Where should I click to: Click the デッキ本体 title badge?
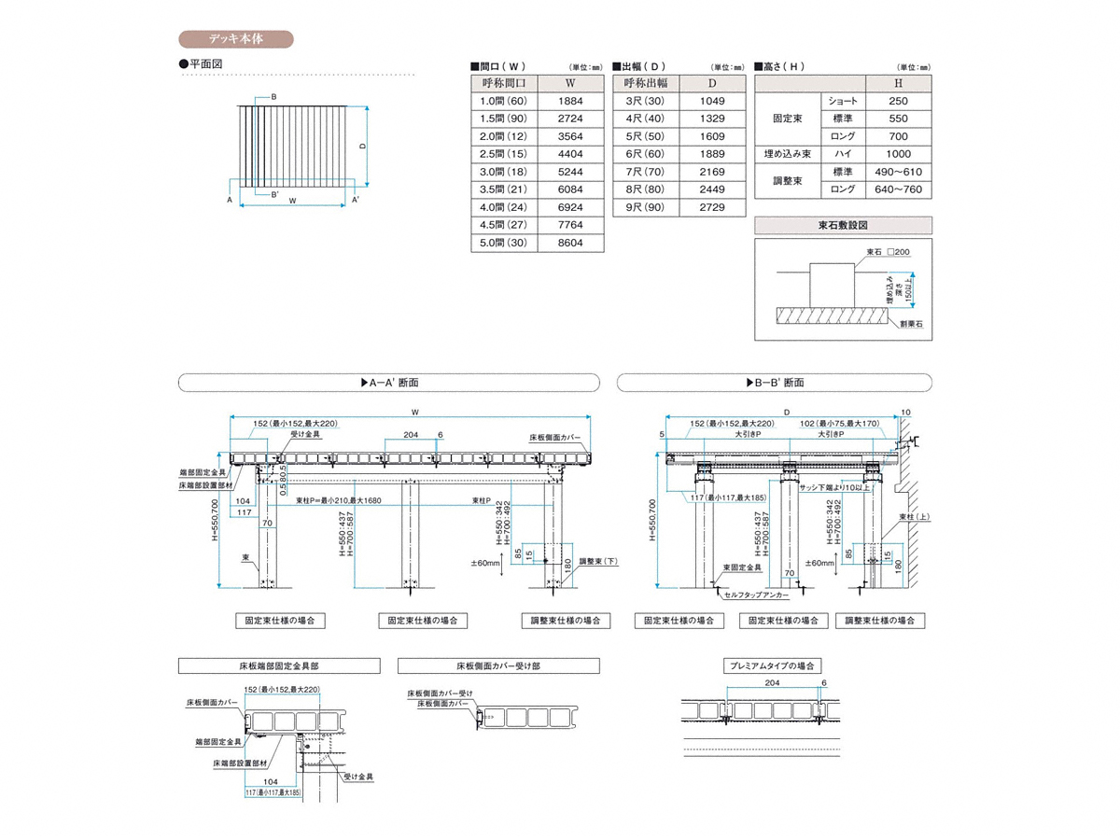[235, 39]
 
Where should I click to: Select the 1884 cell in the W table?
[570, 101]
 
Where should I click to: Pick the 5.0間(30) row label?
[504, 243]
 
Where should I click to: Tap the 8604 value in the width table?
[570, 243]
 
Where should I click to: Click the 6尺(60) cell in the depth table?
[646, 154]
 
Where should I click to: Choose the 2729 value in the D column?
[712, 207]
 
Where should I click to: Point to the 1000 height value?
[898, 154]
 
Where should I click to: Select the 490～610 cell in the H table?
[898, 172]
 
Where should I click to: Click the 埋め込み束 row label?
[787, 154]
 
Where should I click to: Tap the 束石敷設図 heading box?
[843, 225]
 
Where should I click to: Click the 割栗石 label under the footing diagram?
[911, 324]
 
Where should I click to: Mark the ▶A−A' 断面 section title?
[389, 383]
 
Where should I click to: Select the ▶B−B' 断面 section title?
[775, 383]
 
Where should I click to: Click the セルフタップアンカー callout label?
[755, 595]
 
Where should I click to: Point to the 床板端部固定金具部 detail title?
[279, 666]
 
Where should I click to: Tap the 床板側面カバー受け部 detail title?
[498, 666]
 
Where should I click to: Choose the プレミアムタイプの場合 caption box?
[772, 666]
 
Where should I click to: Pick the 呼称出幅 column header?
[646, 83]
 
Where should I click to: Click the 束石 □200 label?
[888, 252]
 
